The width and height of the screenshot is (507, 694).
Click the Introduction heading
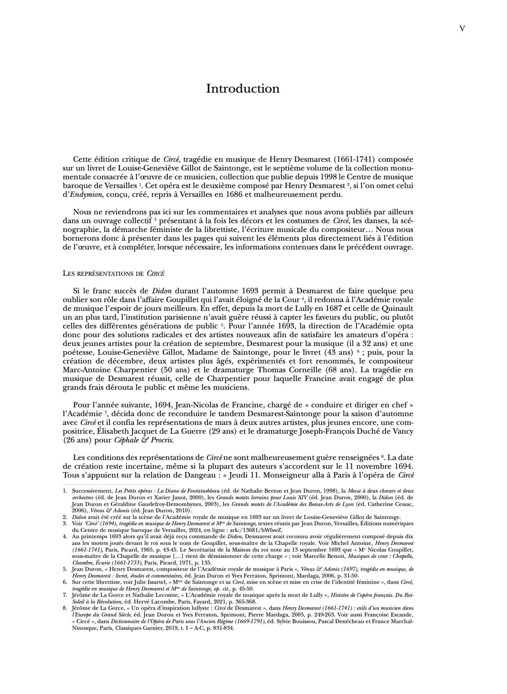pos(243,89)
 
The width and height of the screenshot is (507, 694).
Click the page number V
pos(462,28)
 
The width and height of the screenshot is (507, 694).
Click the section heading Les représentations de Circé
pos(113,274)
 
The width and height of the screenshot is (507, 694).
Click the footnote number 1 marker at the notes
pos(65,490)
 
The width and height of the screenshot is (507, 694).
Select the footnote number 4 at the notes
pos(65,535)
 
